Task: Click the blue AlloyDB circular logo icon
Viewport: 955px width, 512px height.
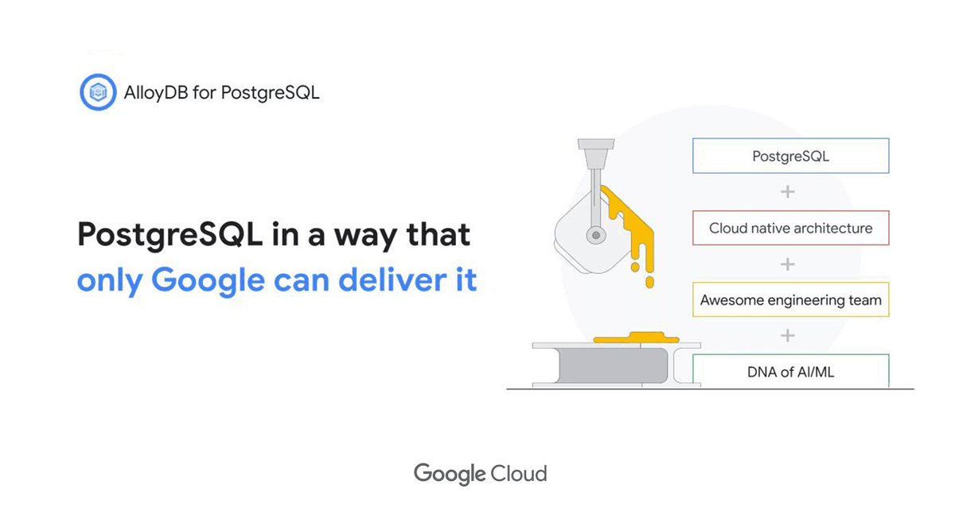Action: tap(98, 92)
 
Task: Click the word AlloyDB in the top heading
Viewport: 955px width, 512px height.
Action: tap(156, 93)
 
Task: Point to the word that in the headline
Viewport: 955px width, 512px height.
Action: tap(439, 234)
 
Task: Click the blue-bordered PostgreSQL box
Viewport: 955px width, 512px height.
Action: tap(790, 156)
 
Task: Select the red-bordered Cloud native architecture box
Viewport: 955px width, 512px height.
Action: tap(790, 228)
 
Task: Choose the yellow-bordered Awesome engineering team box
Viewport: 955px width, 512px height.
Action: tap(790, 299)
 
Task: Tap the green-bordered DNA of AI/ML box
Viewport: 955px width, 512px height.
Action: tap(790, 370)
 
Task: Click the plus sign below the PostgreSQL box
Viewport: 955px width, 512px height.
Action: tap(787, 192)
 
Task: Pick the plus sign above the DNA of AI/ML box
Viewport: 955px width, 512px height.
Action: tap(787, 336)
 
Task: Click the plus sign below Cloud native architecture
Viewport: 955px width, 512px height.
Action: tap(787, 264)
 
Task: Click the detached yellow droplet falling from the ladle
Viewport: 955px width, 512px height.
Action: tap(649, 282)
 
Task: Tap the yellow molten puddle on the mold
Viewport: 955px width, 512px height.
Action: tap(636, 338)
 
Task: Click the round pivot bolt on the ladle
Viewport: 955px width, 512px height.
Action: tap(596, 235)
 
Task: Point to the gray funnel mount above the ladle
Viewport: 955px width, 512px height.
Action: tap(596, 154)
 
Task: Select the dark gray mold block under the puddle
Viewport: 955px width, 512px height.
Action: tap(613, 365)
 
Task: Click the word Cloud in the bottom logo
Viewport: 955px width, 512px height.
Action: tap(518, 474)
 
